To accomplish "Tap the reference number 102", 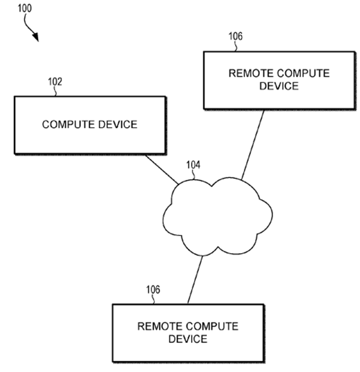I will coord(55,82).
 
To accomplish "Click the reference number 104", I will coord(193,166).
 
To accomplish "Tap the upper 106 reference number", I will coord(235,37).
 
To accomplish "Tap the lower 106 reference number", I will coord(152,290).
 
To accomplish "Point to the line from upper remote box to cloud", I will coord(252,144).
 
